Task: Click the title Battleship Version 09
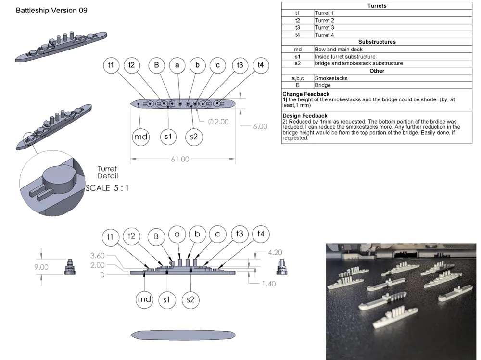(51, 11)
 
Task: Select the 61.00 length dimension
(180, 159)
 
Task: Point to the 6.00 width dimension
(260, 126)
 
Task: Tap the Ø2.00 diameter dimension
(218, 122)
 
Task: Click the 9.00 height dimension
(41, 267)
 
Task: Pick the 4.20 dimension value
(275, 252)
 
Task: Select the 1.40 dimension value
(269, 284)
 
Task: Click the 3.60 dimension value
(98, 255)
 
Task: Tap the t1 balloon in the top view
(111, 65)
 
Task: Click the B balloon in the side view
(156, 237)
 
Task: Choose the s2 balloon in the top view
(194, 137)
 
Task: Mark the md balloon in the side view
(144, 299)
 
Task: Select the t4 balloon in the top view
(261, 65)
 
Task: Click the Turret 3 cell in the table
(324, 27)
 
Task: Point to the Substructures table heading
(377, 42)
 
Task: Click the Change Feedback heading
(306, 94)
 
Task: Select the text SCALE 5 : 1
(107, 188)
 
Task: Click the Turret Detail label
(107, 173)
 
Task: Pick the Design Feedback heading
(305, 116)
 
